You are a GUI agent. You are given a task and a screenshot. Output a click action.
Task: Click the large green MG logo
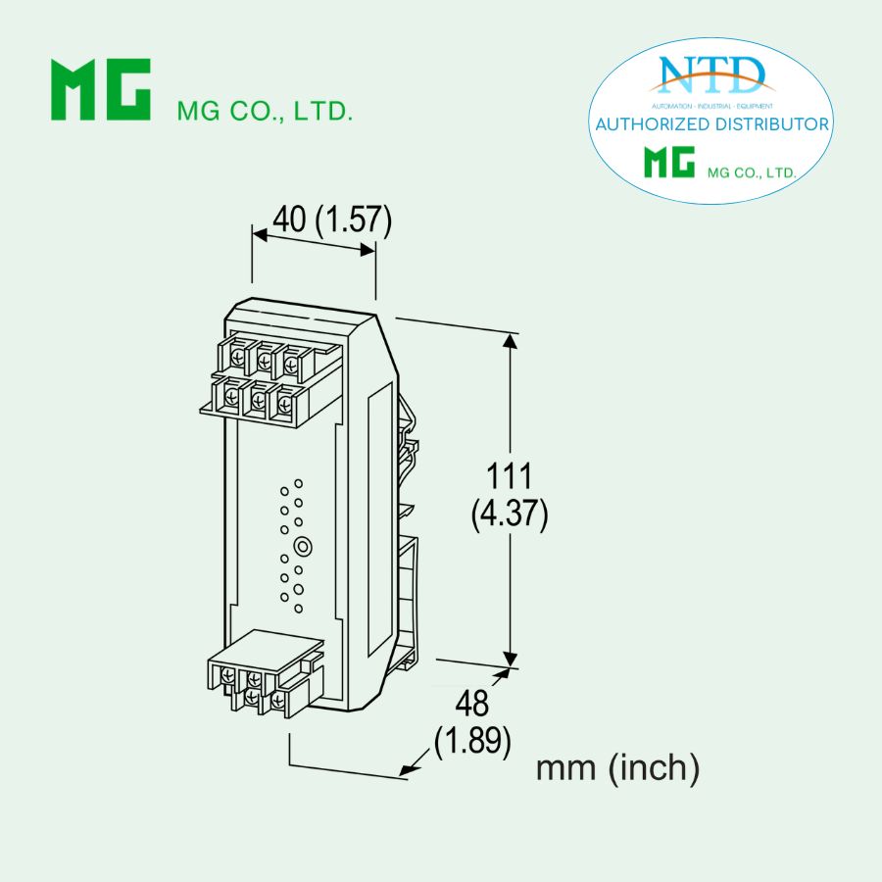click(101, 89)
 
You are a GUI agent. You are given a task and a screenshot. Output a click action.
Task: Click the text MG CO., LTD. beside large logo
click(264, 111)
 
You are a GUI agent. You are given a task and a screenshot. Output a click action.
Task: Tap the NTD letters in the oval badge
click(712, 74)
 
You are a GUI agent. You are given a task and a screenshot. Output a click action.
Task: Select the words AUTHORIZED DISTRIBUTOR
click(712, 124)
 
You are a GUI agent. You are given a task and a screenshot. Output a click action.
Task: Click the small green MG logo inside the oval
click(669, 163)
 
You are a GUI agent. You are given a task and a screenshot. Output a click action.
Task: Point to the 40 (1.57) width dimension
click(331, 220)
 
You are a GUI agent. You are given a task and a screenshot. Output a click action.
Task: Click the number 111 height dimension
click(509, 477)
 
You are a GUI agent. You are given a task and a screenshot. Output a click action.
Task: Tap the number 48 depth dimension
click(472, 703)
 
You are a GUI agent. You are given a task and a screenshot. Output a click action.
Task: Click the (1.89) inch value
click(473, 742)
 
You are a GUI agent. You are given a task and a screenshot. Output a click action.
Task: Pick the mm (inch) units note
click(617, 768)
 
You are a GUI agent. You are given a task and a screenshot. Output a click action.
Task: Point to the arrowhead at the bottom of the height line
click(509, 658)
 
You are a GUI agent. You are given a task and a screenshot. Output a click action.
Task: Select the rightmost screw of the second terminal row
click(285, 400)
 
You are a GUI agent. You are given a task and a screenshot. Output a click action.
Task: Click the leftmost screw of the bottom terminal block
click(228, 677)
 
